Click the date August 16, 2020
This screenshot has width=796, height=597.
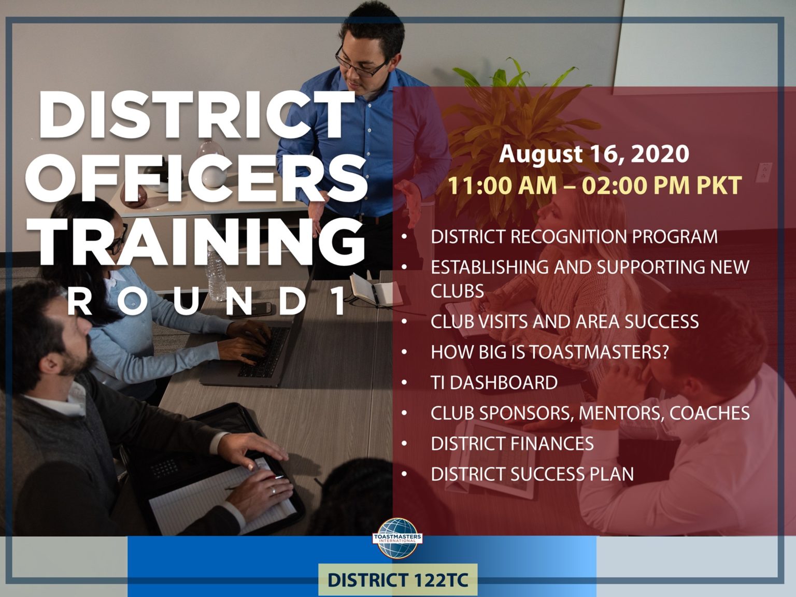[594, 154]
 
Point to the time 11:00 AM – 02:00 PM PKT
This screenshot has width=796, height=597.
[595, 186]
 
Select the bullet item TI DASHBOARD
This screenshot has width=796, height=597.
[494, 383]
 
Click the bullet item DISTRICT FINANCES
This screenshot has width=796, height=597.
[512, 444]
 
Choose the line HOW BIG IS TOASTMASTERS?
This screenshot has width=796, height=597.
[550, 352]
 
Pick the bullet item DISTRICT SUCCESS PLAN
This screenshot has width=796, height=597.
[532, 474]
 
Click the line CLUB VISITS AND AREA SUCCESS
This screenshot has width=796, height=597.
[565, 321]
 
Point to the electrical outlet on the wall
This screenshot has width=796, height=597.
[763, 173]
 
